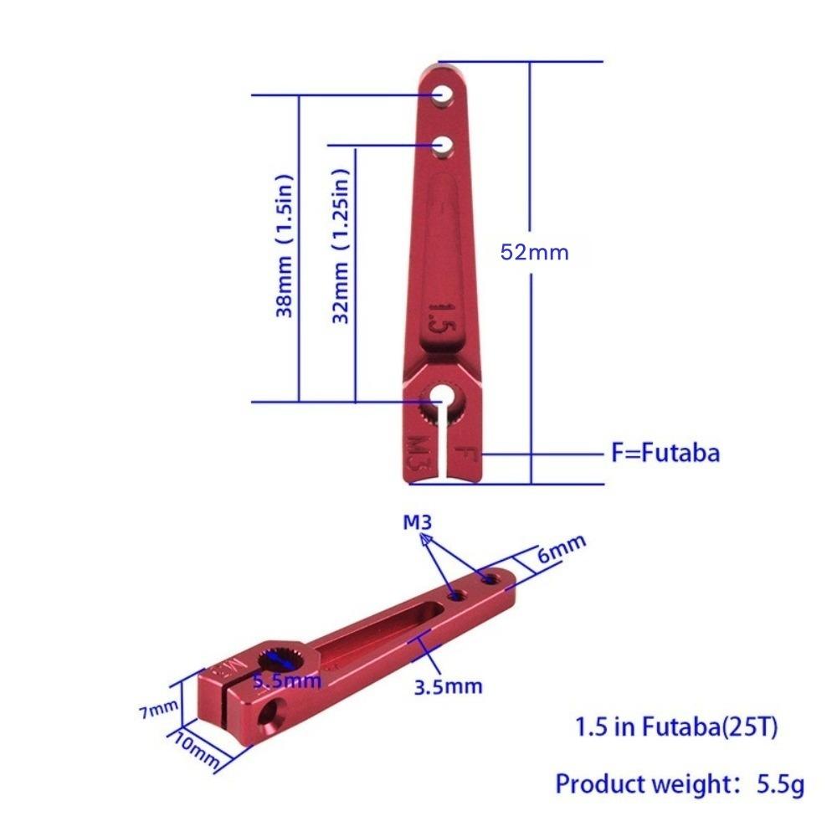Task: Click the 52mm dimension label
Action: (534, 252)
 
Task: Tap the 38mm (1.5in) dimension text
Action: (285, 245)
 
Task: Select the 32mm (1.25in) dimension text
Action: (341, 244)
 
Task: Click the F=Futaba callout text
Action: (665, 454)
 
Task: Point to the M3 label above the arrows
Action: (417, 523)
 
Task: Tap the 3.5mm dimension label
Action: (449, 687)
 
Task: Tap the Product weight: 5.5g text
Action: (680, 785)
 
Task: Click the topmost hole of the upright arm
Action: (443, 94)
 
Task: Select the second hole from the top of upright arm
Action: (443, 146)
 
